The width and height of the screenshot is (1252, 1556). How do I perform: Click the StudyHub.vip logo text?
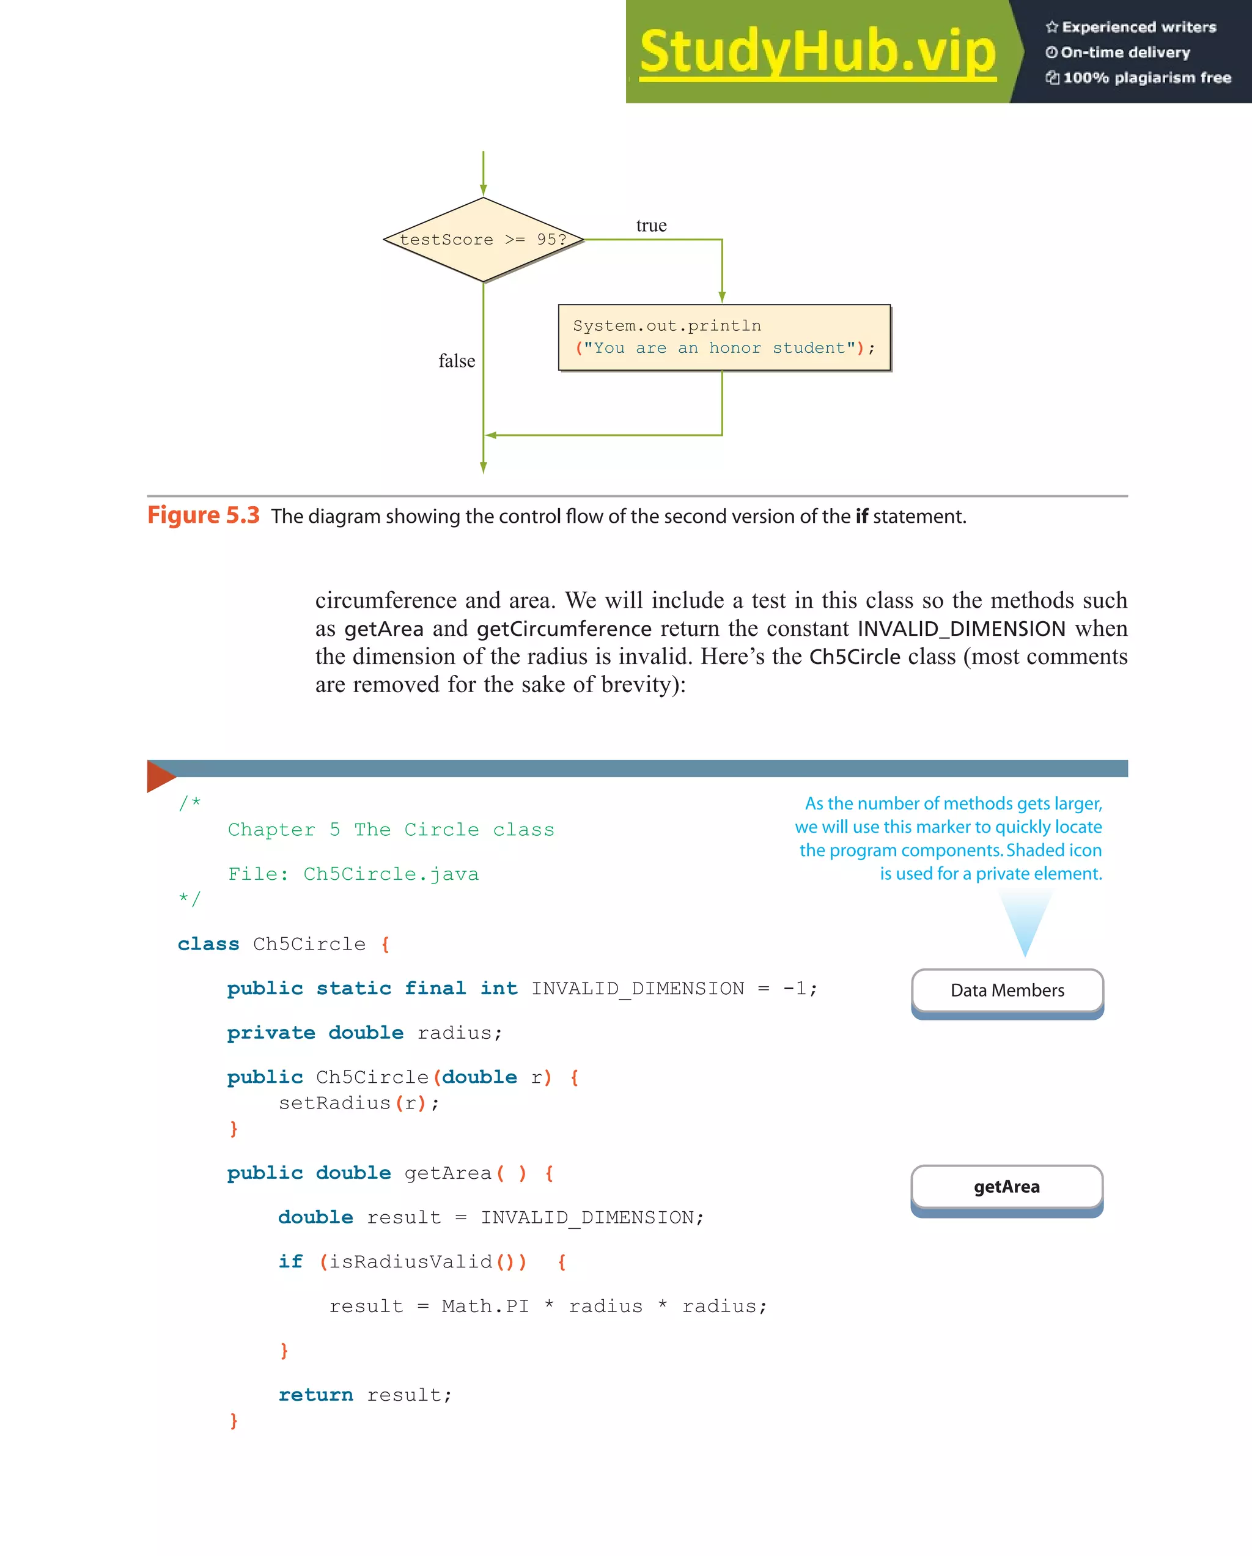point(817,51)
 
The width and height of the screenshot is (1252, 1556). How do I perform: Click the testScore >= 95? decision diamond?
point(483,240)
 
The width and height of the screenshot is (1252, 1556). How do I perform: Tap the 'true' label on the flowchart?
point(651,226)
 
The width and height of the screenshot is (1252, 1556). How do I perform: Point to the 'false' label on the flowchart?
point(457,361)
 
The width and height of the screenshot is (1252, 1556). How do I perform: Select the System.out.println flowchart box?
point(724,337)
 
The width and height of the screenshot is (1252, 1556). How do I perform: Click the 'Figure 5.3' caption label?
point(203,515)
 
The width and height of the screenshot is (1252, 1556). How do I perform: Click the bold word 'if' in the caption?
point(861,517)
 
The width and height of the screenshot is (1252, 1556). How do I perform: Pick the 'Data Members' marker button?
point(1007,990)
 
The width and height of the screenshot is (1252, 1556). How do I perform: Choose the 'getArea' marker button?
point(1007,1187)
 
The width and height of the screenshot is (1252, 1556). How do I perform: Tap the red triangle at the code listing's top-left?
point(160,776)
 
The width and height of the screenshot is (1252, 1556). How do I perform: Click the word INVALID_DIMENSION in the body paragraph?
point(961,629)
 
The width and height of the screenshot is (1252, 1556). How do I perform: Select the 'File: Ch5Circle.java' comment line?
point(353,874)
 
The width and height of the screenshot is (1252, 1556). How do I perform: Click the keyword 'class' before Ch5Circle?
point(208,944)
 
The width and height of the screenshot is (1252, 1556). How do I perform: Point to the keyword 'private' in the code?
point(271,1033)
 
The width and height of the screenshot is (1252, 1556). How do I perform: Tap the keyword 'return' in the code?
point(315,1395)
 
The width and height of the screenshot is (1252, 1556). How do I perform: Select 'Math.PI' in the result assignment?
point(485,1307)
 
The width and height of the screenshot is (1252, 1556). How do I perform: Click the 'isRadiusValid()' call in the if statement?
point(423,1261)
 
